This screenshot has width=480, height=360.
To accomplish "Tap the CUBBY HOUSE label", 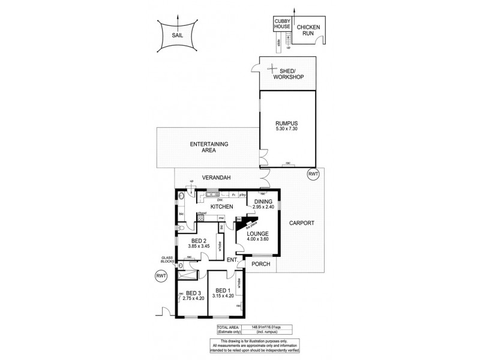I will point(283,25).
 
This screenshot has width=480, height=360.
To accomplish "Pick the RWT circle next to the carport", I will point(313,174).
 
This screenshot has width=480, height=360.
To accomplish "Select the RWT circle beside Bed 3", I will point(160,276).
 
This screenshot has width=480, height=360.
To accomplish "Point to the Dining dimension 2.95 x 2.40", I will point(264,207).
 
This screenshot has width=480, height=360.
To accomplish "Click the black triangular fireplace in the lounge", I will point(243,223).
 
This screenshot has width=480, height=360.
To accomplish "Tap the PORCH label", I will point(260,264).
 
